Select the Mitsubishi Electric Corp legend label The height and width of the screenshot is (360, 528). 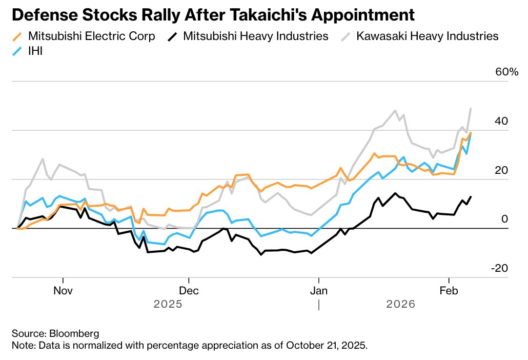[91, 36]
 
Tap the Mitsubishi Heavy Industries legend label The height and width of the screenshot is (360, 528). [255, 36]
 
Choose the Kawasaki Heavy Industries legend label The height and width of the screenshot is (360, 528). [427, 36]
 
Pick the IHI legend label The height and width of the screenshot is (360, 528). [35, 51]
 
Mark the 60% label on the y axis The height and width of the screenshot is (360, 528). [506, 72]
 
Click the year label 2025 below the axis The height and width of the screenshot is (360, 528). [168, 304]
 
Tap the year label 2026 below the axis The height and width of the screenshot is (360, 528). [400, 304]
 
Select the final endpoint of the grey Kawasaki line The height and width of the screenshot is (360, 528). [471, 109]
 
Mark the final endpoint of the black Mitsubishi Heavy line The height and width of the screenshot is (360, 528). [471, 196]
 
